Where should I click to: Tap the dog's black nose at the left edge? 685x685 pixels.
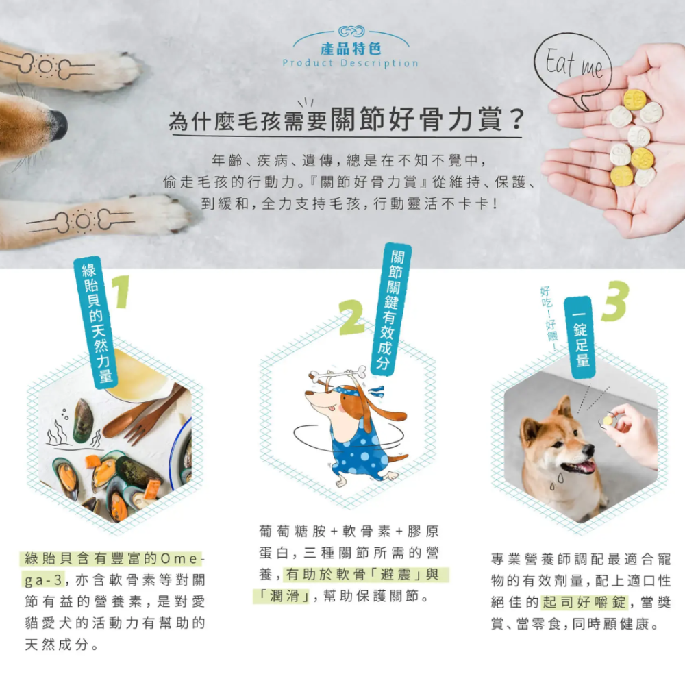pos(58,125)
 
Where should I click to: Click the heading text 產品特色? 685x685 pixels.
pos(351,49)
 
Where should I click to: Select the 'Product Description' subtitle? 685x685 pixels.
pos(351,63)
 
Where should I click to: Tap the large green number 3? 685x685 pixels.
pos(614,302)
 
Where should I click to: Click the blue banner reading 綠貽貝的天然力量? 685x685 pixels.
pos(97,322)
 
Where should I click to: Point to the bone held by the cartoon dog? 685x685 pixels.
pos(338,374)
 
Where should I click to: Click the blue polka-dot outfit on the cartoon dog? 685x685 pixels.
pos(356,445)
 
